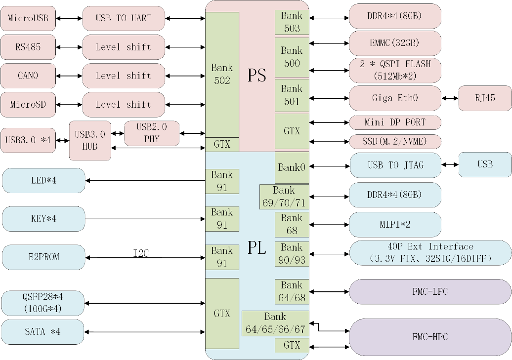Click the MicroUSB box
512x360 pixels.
[x=28, y=19]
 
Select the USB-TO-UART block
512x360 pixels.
[x=123, y=19]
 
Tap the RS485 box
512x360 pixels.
[x=28, y=47]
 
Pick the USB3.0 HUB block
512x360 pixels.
[x=90, y=140]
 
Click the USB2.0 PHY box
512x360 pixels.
[x=152, y=133]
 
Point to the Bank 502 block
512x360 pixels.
[x=222, y=74]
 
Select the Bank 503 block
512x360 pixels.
[x=292, y=22]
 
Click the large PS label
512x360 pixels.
[x=257, y=75]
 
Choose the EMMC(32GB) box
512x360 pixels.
[x=394, y=43]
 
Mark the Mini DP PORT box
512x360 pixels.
[x=394, y=122]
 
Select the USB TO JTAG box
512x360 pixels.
[x=395, y=165]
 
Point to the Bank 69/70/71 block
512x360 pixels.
[x=284, y=197]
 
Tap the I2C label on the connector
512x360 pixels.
[x=141, y=253]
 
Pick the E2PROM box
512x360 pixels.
[x=43, y=257]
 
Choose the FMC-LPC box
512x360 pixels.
[x=429, y=291]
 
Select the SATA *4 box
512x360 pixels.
[x=43, y=332]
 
